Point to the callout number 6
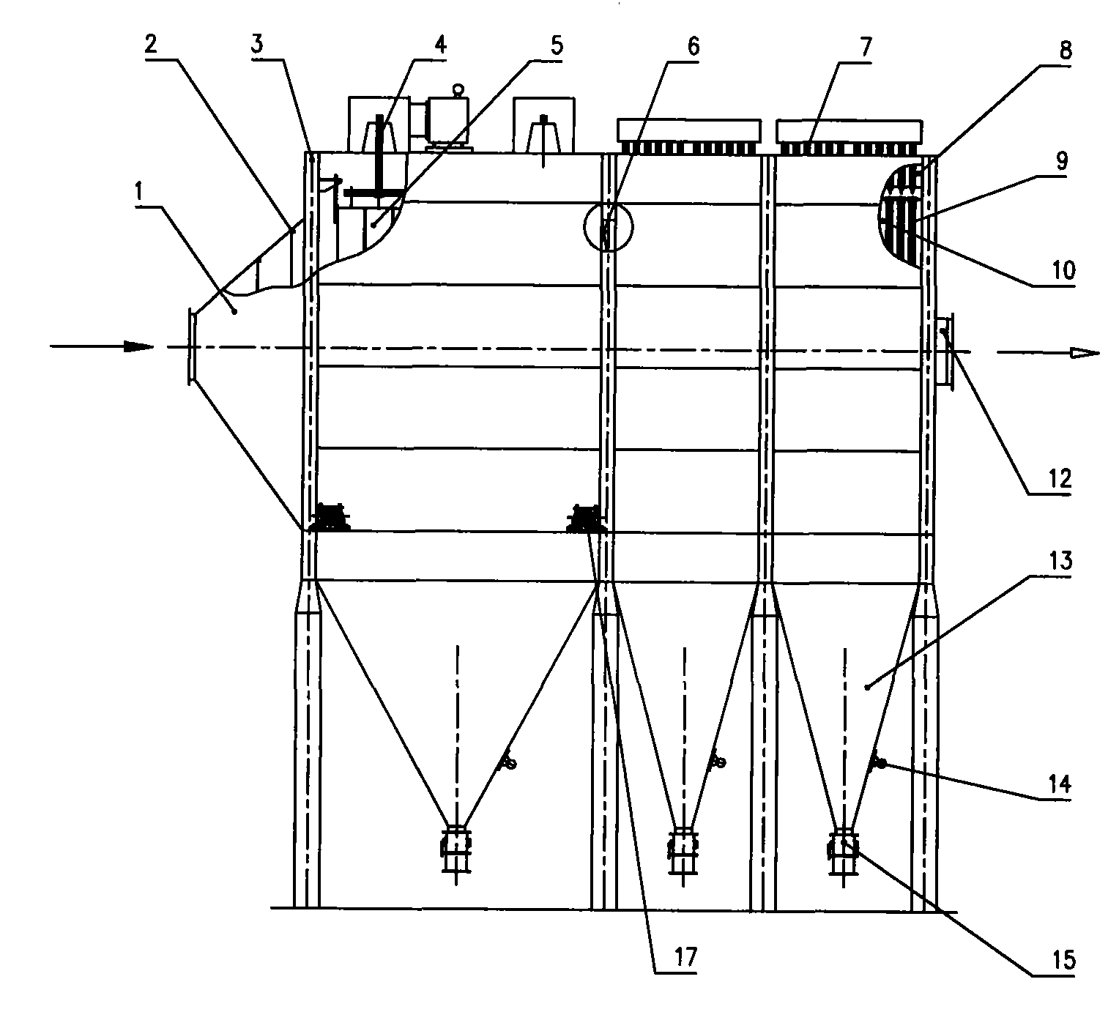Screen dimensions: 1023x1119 point(693,48)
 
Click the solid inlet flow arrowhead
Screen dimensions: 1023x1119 point(139,346)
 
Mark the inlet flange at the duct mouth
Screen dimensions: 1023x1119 point(190,346)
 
